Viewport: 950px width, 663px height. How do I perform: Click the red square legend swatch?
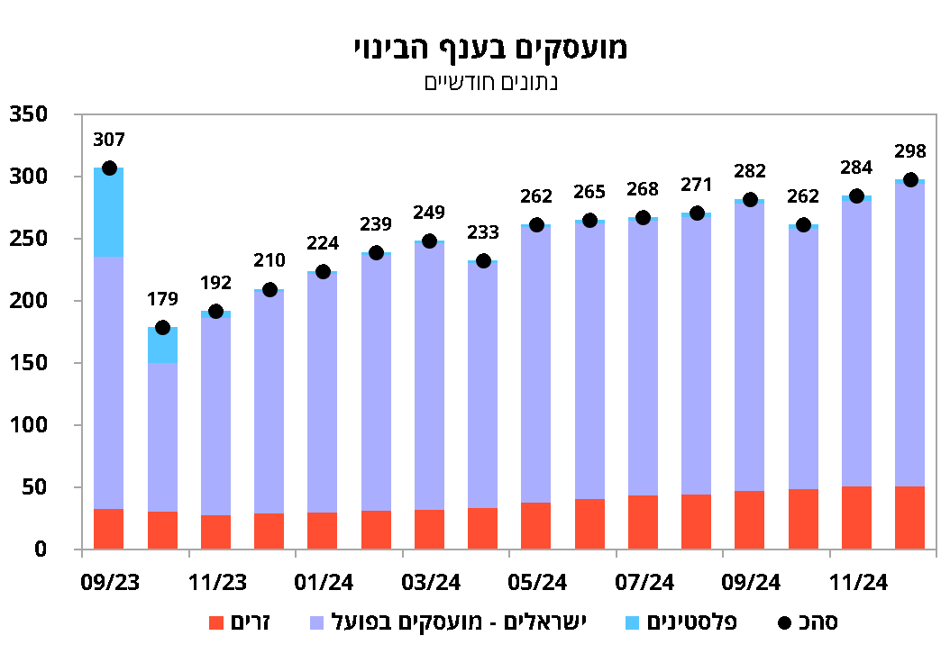pyautogui.click(x=216, y=623)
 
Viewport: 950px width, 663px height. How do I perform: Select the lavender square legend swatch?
pyautogui.click(x=316, y=623)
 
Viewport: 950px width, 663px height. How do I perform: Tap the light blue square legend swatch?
pyautogui.click(x=632, y=623)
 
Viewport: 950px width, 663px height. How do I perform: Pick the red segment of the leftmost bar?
pyautogui.click(x=108, y=529)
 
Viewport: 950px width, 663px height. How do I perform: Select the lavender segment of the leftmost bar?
pyautogui.click(x=108, y=383)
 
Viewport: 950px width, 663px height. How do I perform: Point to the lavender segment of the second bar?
pyautogui.click(x=162, y=437)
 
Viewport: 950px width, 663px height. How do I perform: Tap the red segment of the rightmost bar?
pyautogui.click(x=909, y=518)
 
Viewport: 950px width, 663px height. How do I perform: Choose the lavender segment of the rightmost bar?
pyautogui.click(x=909, y=333)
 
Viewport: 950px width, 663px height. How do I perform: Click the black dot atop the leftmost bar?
pyautogui.click(x=109, y=168)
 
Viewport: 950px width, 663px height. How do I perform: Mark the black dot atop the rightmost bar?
pyautogui.click(x=910, y=180)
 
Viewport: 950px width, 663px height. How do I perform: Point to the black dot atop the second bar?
pyautogui.click(x=162, y=328)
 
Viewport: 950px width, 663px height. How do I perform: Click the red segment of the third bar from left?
pyautogui.click(x=215, y=532)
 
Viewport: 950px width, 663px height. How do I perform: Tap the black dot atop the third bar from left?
pyautogui.click(x=215, y=312)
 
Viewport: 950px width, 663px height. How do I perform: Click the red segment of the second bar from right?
pyautogui.click(x=856, y=518)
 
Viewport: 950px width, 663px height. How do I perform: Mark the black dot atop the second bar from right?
pyautogui.click(x=856, y=196)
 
